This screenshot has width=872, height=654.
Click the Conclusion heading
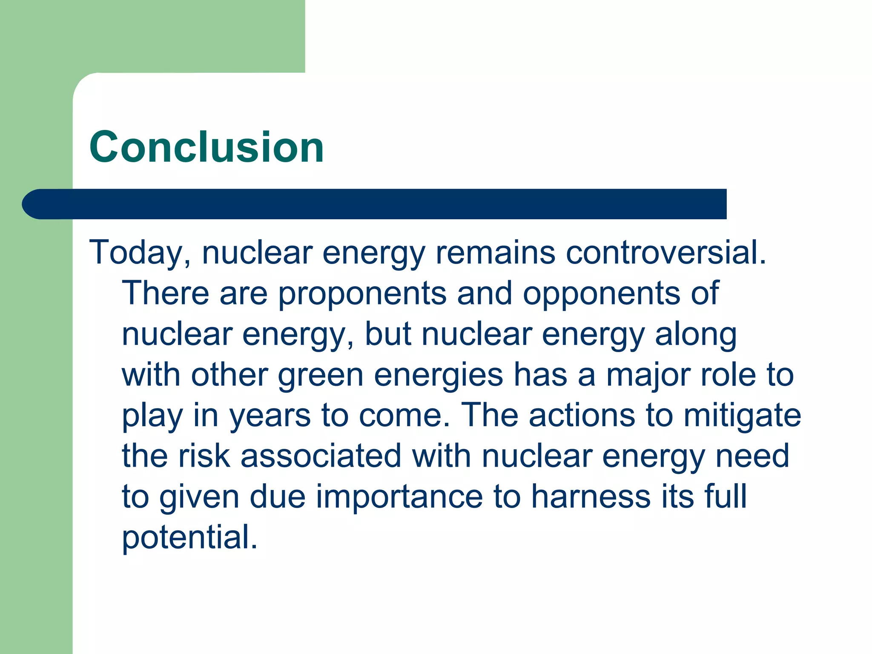coord(207,147)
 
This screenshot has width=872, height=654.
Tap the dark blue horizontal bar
coord(375,204)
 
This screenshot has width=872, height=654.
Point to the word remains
coord(495,252)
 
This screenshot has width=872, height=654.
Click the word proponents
coord(362,294)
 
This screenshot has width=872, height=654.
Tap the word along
coord(696,335)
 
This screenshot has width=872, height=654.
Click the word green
coord(320,376)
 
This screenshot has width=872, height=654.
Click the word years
coord(270,416)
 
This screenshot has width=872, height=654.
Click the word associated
coord(321,456)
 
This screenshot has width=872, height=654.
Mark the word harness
coord(591,497)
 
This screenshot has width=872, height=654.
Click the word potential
coord(190,538)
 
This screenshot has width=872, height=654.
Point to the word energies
coord(439,376)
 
